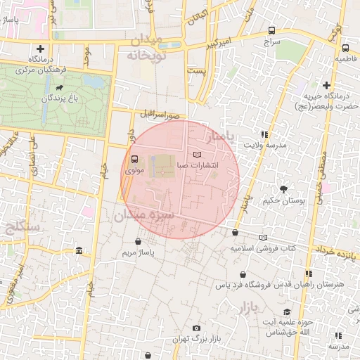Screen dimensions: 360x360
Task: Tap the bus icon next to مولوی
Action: tap(134, 159)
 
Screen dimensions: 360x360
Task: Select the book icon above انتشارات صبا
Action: tap(196, 154)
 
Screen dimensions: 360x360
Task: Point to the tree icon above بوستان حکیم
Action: tap(283, 189)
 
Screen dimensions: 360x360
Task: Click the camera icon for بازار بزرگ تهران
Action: tap(196, 328)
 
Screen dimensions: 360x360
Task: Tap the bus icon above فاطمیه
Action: tap(345, 49)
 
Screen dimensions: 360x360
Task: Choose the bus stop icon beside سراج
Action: tap(271, 31)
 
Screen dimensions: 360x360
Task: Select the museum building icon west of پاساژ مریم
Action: tap(78, 251)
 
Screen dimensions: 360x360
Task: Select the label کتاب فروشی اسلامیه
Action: tap(264, 248)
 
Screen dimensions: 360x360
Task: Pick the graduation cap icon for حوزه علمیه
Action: tap(286, 311)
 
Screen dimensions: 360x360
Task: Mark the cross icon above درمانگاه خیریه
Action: tap(327, 85)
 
